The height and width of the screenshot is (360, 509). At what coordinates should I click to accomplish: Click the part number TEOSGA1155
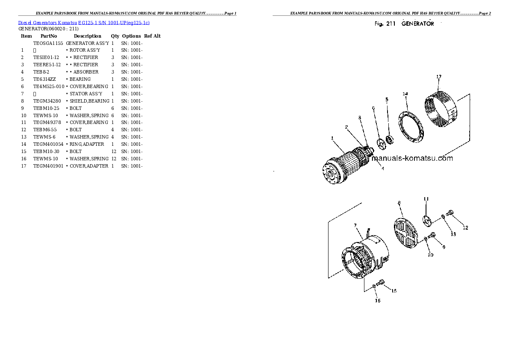pos(48,43)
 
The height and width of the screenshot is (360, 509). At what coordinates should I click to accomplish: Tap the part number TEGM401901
pos(48,166)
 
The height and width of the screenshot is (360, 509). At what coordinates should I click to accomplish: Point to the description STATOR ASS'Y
pos(86,94)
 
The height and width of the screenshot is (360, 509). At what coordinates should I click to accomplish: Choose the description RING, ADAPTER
pos(87,144)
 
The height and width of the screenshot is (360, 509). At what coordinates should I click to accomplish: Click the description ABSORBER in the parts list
pos(86,72)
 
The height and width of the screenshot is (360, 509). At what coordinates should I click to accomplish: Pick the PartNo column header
pos(48,36)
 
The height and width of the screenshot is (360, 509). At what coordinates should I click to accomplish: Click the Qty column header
pos(115,36)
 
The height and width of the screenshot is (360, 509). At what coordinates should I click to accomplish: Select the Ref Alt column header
pos(152,36)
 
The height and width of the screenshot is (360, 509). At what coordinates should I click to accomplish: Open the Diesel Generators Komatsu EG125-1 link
pos(84,22)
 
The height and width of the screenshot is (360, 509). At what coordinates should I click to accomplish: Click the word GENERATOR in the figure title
pos(417,24)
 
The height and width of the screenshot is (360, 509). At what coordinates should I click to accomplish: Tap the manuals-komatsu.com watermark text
pos(412,158)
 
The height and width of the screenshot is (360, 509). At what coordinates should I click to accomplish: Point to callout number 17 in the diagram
pos(438,77)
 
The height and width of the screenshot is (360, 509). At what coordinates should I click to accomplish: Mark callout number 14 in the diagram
pos(405,94)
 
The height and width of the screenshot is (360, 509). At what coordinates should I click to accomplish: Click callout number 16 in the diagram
pos(378,301)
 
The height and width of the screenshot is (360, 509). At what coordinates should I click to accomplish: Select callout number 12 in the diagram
pos(465,228)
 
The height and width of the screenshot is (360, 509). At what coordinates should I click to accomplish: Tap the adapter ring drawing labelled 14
pos(409,126)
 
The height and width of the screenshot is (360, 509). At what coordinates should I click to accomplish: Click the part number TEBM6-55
pos(45,130)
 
